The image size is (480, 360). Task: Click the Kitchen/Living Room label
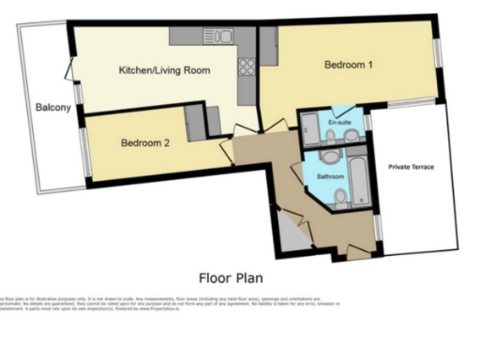163,70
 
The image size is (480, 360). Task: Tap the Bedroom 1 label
350,65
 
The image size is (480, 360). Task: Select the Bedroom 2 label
144,143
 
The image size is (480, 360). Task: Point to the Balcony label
52,108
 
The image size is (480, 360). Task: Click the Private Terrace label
412,167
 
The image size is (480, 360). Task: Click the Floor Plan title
231,277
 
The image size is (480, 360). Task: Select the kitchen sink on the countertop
217,37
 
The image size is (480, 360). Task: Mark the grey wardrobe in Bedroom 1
268,45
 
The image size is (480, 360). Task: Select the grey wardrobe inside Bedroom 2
195,122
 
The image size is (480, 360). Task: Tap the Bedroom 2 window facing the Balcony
85,150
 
